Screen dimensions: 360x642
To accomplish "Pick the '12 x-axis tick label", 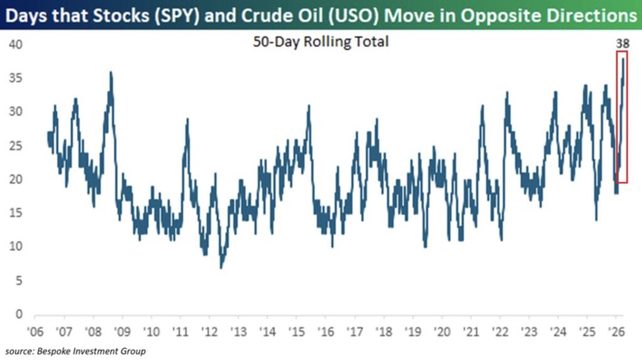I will point(209,331).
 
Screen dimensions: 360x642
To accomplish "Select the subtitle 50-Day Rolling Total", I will point(320,43).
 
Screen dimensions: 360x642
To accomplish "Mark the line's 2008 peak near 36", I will point(111,72).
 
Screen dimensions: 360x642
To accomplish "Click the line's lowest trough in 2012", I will point(221,267).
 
